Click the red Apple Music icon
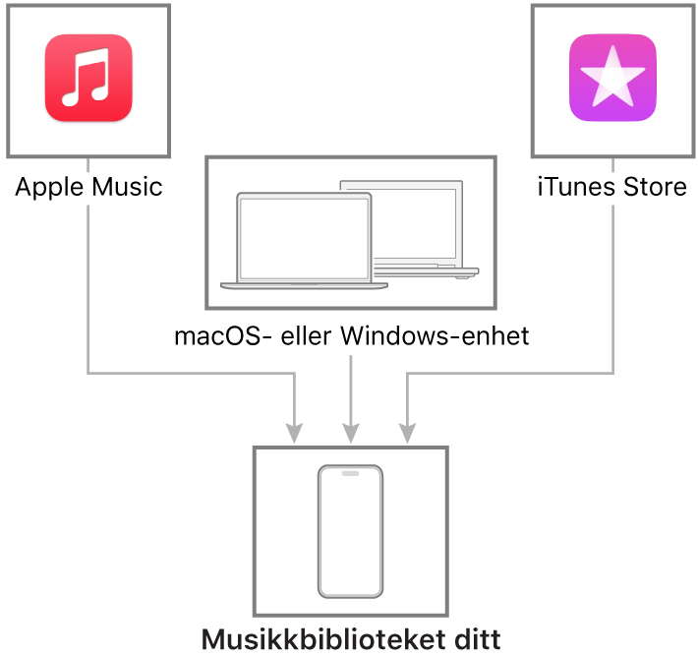click(x=88, y=79)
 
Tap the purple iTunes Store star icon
click(x=612, y=79)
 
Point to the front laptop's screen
click(x=304, y=238)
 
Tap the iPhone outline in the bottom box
click(x=350, y=531)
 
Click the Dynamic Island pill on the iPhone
click(x=350, y=473)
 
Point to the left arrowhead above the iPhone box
click(x=294, y=433)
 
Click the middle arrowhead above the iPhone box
click(x=350, y=433)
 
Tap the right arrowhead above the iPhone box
click(x=407, y=433)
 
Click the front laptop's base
click(x=304, y=286)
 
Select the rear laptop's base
click(x=433, y=270)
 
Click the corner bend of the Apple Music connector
click(x=88, y=373)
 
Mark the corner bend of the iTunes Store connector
click(x=612, y=373)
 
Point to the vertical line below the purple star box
click(x=612, y=285)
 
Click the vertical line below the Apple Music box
click(x=88, y=285)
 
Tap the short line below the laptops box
click(x=350, y=384)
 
